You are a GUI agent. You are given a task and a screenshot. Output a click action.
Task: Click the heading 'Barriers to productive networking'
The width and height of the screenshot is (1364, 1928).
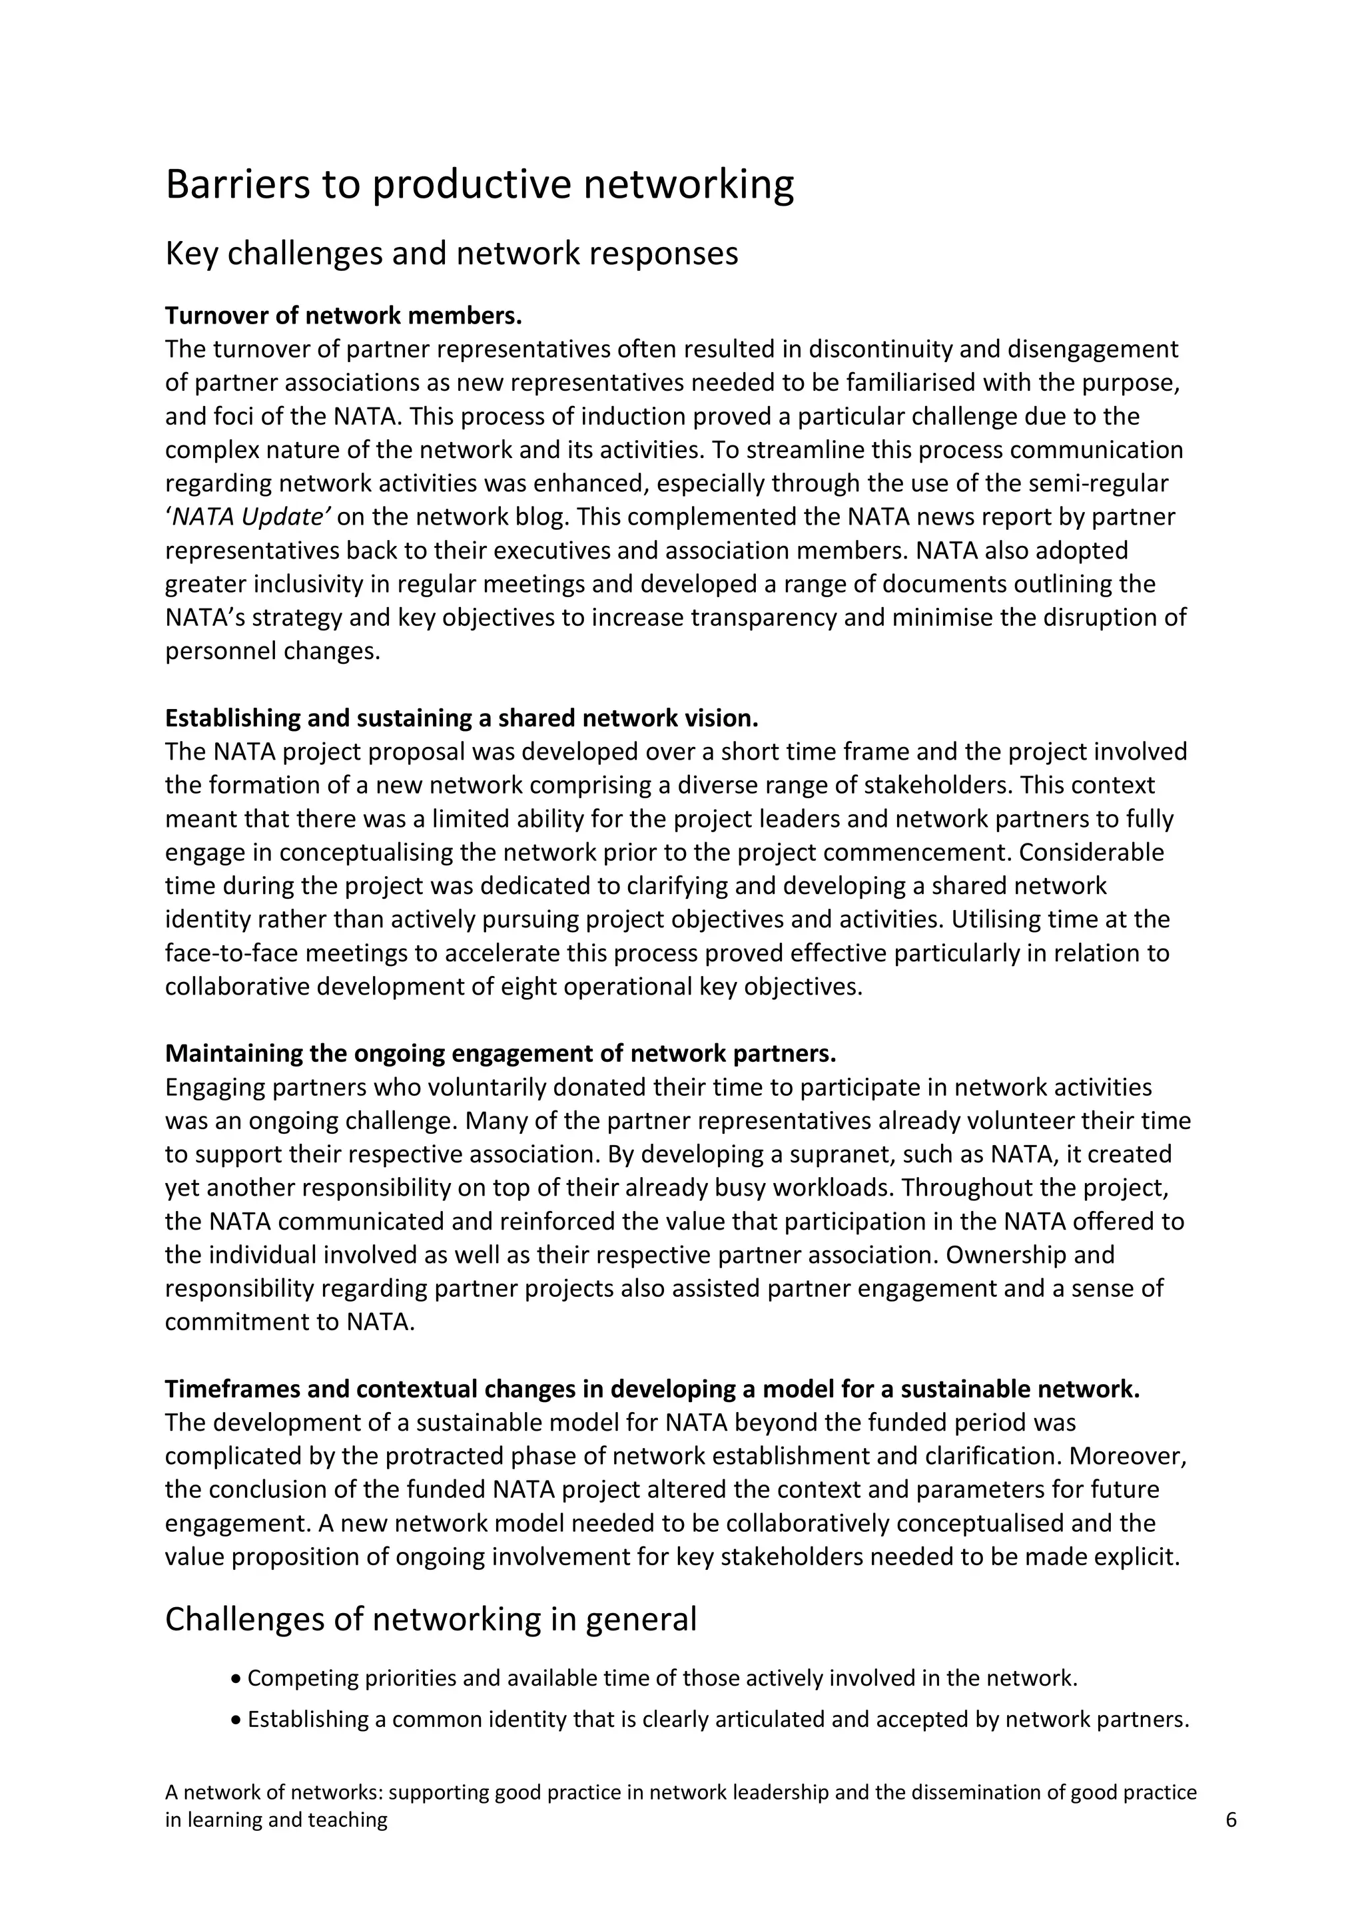pyautogui.click(x=479, y=186)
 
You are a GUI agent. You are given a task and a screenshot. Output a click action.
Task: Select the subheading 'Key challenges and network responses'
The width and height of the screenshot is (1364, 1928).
pyautogui.click(x=451, y=254)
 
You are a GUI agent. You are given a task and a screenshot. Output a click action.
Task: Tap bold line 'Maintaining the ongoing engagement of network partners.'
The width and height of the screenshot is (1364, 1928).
pyautogui.click(x=501, y=1053)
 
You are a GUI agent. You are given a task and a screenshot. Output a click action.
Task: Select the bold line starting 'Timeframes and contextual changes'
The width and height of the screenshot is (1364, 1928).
pyautogui.click(x=652, y=1389)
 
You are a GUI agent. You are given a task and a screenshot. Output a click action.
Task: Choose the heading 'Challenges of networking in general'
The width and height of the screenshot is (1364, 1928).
pyautogui.click(x=430, y=1619)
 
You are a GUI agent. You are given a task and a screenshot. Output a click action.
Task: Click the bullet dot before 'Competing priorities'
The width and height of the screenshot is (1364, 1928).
pyautogui.click(x=236, y=1680)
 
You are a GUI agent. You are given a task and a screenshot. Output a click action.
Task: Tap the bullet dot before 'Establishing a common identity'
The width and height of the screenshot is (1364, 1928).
pyautogui.click(x=236, y=1720)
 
